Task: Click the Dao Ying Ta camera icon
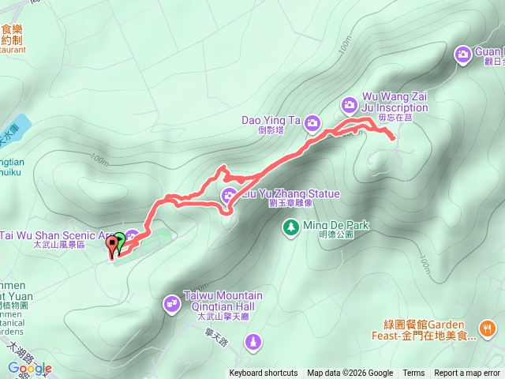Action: [x=312, y=122]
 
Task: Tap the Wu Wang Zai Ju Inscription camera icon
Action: [x=350, y=104]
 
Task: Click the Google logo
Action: [x=29, y=368]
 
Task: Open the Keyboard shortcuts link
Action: [x=264, y=373]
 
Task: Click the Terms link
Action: [x=413, y=373]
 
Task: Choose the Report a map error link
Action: [x=467, y=373]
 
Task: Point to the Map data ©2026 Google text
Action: [x=350, y=373]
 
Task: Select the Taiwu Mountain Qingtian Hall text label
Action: [x=223, y=301]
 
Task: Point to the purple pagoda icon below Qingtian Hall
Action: [x=253, y=342]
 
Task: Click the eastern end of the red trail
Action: [x=393, y=139]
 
